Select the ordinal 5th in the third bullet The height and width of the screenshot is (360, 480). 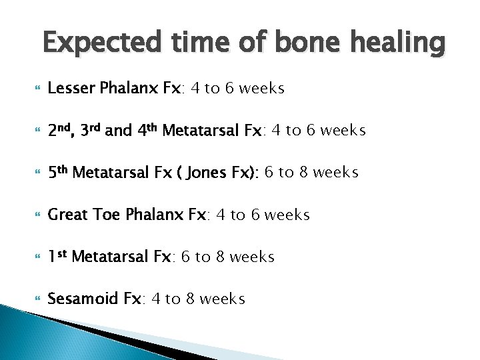pyautogui.click(x=58, y=172)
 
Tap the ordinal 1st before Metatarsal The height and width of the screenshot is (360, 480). pyautogui.click(x=57, y=256)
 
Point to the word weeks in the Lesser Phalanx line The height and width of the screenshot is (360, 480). pyautogui.click(x=262, y=89)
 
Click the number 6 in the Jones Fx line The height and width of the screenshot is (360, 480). pyautogui.click(x=269, y=173)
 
